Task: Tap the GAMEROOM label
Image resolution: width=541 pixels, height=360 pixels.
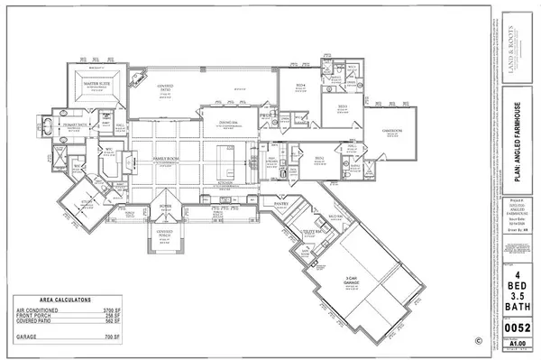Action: coord(390,128)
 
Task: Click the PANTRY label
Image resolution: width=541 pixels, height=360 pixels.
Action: coord(280,204)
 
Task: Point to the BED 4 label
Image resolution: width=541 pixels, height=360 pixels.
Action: coord(301,85)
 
